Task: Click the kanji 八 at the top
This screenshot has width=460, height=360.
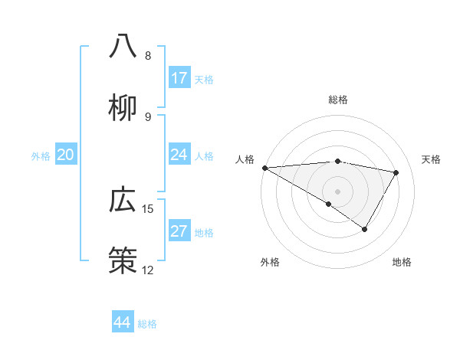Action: point(123,47)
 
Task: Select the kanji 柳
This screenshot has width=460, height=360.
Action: point(123,108)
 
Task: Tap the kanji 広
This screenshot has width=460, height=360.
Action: point(123,200)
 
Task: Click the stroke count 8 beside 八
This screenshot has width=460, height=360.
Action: point(148,56)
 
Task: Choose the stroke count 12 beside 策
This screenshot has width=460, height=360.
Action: point(148,270)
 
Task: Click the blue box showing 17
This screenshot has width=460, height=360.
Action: point(179,78)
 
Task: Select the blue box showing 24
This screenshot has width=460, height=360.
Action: point(179,155)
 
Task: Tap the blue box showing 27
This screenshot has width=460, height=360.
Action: point(179,231)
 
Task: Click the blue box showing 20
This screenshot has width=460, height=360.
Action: point(66,155)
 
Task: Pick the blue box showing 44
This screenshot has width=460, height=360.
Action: point(123,322)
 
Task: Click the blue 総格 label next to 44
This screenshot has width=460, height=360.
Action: point(147,324)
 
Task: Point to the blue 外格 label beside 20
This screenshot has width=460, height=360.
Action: point(41,156)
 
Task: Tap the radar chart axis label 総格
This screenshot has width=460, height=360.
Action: point(338,100)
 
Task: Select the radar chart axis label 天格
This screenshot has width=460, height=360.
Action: point(432,159)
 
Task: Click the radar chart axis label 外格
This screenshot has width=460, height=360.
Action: point(270,262)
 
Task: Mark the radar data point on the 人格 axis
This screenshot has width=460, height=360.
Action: point(264,168)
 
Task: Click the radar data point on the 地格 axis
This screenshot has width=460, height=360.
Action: point(365,229)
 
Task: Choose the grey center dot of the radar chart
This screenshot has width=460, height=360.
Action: point(338,191)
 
